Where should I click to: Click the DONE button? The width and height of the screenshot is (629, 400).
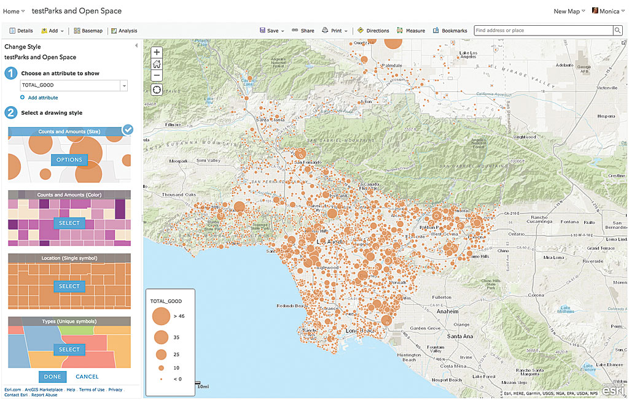pos(52,377)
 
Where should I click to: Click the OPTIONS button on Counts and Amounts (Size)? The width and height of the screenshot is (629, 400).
pos(69,160)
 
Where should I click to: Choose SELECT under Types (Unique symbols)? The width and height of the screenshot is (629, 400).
pos(69,350)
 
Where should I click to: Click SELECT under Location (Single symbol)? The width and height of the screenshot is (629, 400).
pos(69,287)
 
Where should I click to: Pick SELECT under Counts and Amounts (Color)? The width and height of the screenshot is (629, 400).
pos(69,223)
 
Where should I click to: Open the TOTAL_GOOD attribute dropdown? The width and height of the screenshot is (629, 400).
pos(123,86)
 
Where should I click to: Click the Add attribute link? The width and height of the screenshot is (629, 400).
pos(42,98)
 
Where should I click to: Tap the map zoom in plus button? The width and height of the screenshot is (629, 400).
pos(157,53)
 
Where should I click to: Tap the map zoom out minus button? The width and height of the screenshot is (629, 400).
pos(157,75)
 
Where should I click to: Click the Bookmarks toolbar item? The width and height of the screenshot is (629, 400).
pos(450,31)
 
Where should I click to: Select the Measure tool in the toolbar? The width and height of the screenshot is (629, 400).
pos(411,31)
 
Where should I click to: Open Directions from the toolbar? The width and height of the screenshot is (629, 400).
pos(373,31)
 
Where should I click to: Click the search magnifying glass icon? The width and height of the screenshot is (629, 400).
pos(617,31)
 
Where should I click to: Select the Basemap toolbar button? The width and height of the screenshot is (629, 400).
pos(89,31)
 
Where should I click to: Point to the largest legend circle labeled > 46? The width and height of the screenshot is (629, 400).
pos(161,316)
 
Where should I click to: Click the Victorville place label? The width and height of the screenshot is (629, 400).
pos(606,88)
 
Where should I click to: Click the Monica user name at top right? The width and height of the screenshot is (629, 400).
pos(609,11)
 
